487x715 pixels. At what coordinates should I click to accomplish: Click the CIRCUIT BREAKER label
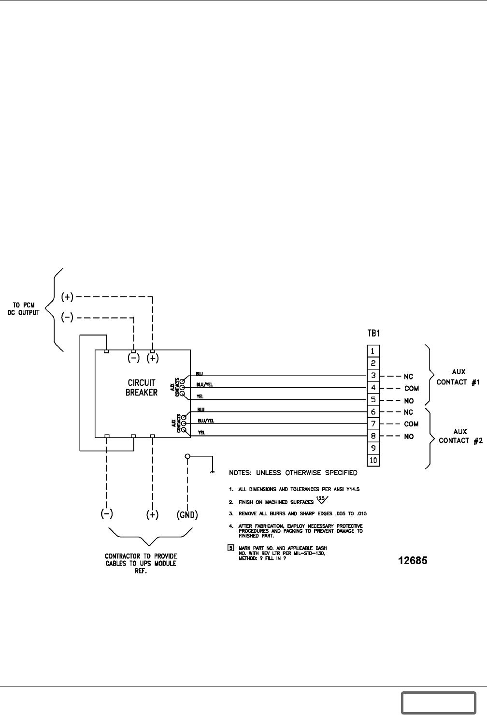click(142, 388)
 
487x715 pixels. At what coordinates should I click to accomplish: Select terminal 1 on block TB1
click(373, 351)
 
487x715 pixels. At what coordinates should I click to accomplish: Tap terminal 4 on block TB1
click(373, 388)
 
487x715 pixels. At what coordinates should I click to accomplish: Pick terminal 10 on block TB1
click(373, 460)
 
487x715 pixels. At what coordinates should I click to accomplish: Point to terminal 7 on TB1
click(373, 424)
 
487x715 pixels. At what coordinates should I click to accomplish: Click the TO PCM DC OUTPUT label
click(27, 308)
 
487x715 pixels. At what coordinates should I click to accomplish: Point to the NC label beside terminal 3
click(408, 376)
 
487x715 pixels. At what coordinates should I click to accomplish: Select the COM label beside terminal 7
click(411, 424)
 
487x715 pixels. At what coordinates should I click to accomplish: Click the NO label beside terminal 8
click(408, 437)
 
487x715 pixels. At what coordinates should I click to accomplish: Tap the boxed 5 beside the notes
click(231, 548)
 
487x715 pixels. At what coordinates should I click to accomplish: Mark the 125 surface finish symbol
click(322, 500)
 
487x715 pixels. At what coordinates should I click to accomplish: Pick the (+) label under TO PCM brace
click(67, 297)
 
